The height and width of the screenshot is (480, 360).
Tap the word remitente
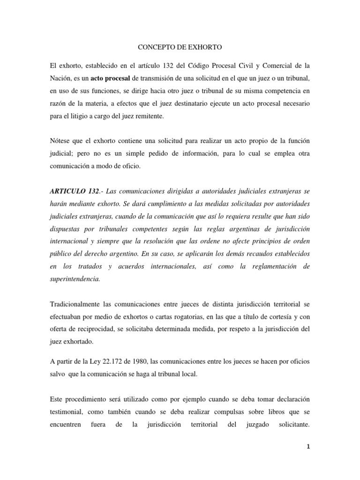coord(148,115)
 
